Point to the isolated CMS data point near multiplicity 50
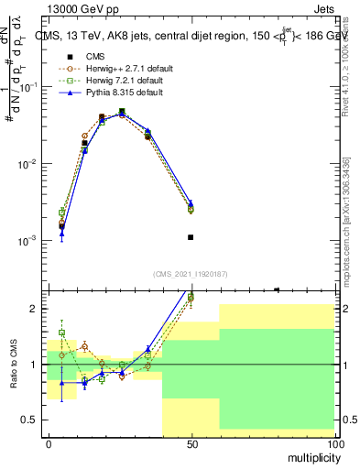point(191,237)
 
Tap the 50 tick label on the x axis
point(191,443)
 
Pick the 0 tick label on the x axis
point(49,443)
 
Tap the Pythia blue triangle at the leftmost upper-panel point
point(62,234)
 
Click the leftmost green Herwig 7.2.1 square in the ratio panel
point(62,333)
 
